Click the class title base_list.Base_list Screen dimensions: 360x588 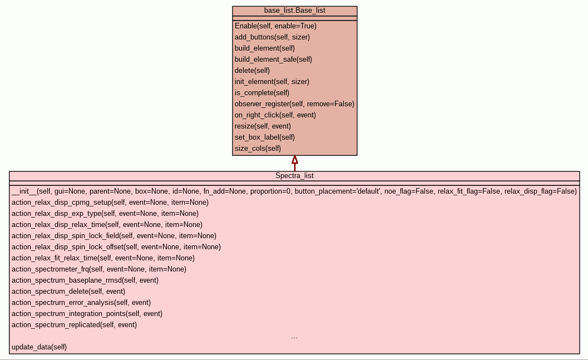pos(294,11)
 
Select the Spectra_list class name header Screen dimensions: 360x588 pos(294,176)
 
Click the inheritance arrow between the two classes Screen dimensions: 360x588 pos(295,163)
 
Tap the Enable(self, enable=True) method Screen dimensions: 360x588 pos(275,26)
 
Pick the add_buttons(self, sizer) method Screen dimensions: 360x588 pos(272,37)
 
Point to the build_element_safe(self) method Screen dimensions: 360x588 pos(273,60)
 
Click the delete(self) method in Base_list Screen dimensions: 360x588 pos(252,71)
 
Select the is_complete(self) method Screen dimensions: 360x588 pos(262,93)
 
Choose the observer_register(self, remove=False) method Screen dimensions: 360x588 pos(294,104)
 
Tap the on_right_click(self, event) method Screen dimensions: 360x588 pos(275,115)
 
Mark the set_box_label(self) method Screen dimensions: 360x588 pos(265,137)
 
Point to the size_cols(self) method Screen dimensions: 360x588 pos(258,149)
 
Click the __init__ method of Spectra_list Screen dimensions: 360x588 pos(294,191)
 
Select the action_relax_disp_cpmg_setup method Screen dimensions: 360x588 pos(110,203)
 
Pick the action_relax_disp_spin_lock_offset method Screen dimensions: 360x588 pos(116,247)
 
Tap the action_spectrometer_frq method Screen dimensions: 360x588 pos(99,269)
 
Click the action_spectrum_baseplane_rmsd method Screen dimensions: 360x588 pos(85,280)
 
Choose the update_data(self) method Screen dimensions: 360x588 pos(39,347)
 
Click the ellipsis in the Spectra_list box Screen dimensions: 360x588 pos(294,337)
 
